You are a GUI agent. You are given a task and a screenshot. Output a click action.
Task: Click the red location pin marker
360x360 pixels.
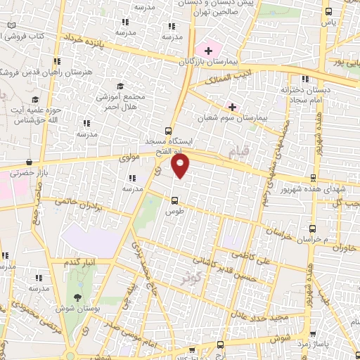[x=181, y=166]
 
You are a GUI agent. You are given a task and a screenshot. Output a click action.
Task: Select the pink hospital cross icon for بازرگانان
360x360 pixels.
[x=208, y=50]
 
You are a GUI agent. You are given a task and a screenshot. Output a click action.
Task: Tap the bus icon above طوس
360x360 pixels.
[x=174, y=199]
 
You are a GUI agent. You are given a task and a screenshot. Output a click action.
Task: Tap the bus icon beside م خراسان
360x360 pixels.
[x=312, y=229]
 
